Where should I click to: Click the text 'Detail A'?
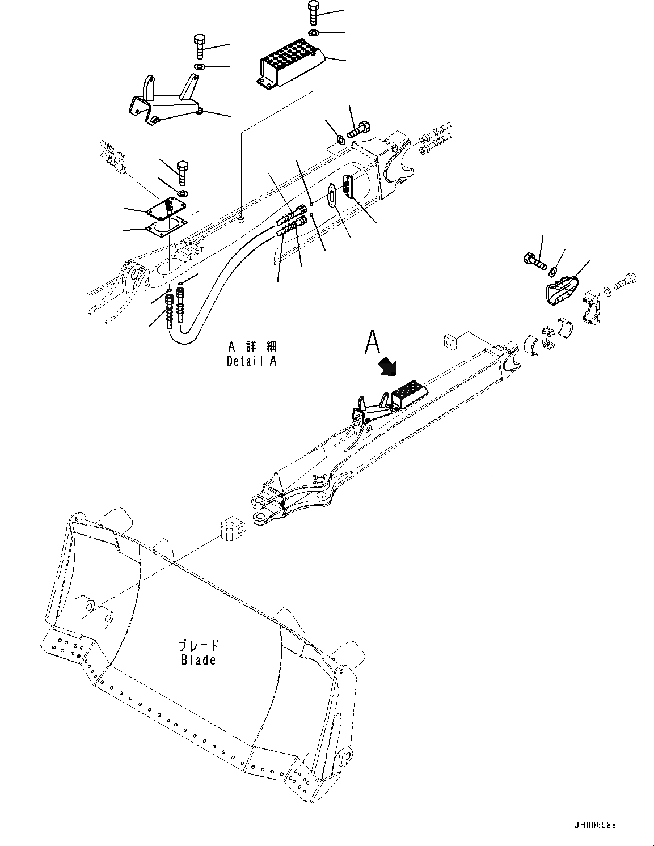[x=251, y=361]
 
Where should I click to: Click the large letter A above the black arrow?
[x=372, y=342]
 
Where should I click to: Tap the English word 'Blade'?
[x=198, y=660]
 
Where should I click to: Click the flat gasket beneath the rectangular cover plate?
[x=164, y=227]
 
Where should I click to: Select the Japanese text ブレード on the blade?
[x=198, y=645]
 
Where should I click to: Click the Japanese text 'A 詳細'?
[x=251, y=346]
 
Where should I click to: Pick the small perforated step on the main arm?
[x=405, y=393]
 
